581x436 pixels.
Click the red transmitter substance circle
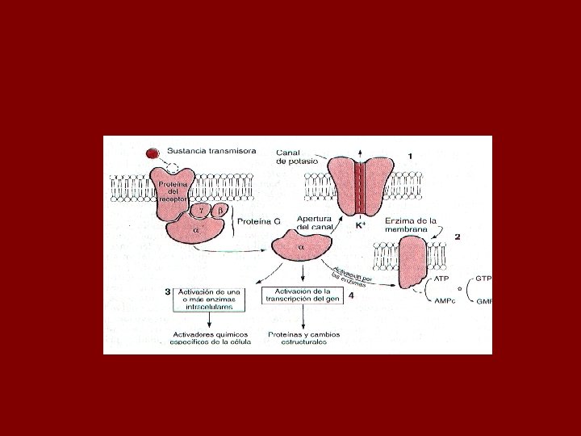coord(153,153)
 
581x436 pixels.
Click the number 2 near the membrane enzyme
coord(458,237)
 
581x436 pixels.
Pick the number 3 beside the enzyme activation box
coord(167,291)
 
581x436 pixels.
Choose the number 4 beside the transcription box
coord(350,297)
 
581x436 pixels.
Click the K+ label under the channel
coord(361,226)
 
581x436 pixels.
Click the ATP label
coord(441,279)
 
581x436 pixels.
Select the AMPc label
coord(445,301)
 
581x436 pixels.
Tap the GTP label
coord(484,278)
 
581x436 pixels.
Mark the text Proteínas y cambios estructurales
coord(304,338)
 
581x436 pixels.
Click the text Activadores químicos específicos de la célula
coord(211,338)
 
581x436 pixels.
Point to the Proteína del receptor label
coord(173,190)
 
